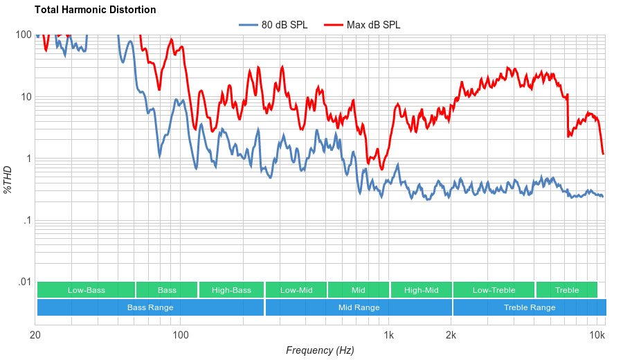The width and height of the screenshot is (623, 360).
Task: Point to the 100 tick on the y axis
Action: (x=24, y=35)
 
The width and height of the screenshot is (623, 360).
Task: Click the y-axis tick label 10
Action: (x=26, y=97)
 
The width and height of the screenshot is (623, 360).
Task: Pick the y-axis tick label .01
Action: (x=25, y=282)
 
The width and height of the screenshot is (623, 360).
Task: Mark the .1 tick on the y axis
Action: (x=26, y=221)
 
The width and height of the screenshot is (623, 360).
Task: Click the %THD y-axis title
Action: (x=8, y=179)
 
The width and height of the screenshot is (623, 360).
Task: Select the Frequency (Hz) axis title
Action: (x=320, y=350)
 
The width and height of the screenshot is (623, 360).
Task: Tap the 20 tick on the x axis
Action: (x=36, y=336)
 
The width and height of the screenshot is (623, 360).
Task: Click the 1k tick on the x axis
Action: (x=389, y=336)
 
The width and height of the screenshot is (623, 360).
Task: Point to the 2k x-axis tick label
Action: (x=451, y=336)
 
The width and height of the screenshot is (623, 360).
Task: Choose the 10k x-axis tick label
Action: (x=597, y=336)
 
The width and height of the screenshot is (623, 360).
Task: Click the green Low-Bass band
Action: (x=87, y=290)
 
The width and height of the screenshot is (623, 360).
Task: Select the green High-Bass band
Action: (x=231, y=290)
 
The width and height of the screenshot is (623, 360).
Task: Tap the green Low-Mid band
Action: (x=296, y=290)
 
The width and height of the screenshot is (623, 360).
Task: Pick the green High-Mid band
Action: (x=421, y=290)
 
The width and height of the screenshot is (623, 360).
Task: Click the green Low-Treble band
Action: (x=494, y=290)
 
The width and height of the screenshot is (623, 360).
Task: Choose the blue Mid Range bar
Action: (x=359, y=307)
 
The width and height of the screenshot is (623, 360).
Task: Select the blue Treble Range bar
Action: (x=530, y=307)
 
